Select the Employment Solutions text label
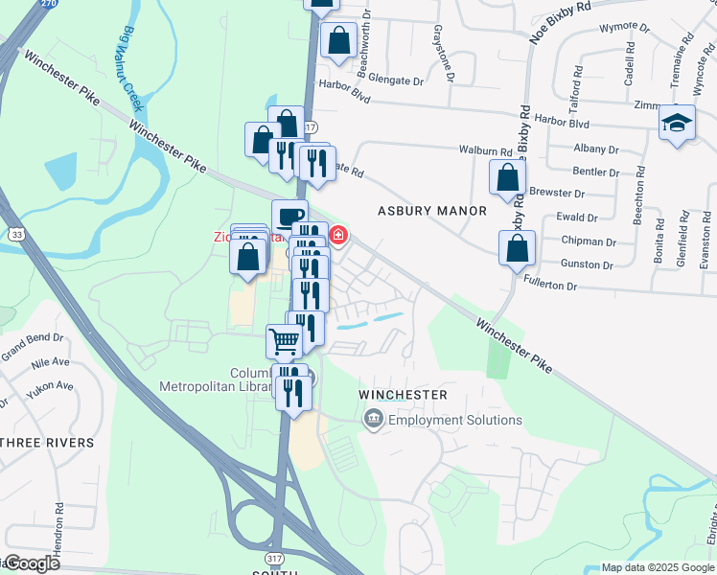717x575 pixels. [x=455, y=420]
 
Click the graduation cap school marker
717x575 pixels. [x=678, y=124]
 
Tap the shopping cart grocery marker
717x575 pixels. [x=284, y=340]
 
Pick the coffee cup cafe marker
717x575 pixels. [x=289, y=216]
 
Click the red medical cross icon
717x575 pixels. [x=338, y=234]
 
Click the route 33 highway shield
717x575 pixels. [x=17, y=233]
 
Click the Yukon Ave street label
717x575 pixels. [x=50, y=387]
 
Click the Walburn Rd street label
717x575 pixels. [x=485, y=150]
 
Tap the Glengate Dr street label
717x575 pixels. [x=392, y=81]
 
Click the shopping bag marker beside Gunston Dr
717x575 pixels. [x=517, y=247]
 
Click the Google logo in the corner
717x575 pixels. [x=31, y=563]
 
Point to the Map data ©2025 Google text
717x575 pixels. [x=657, y=567]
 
